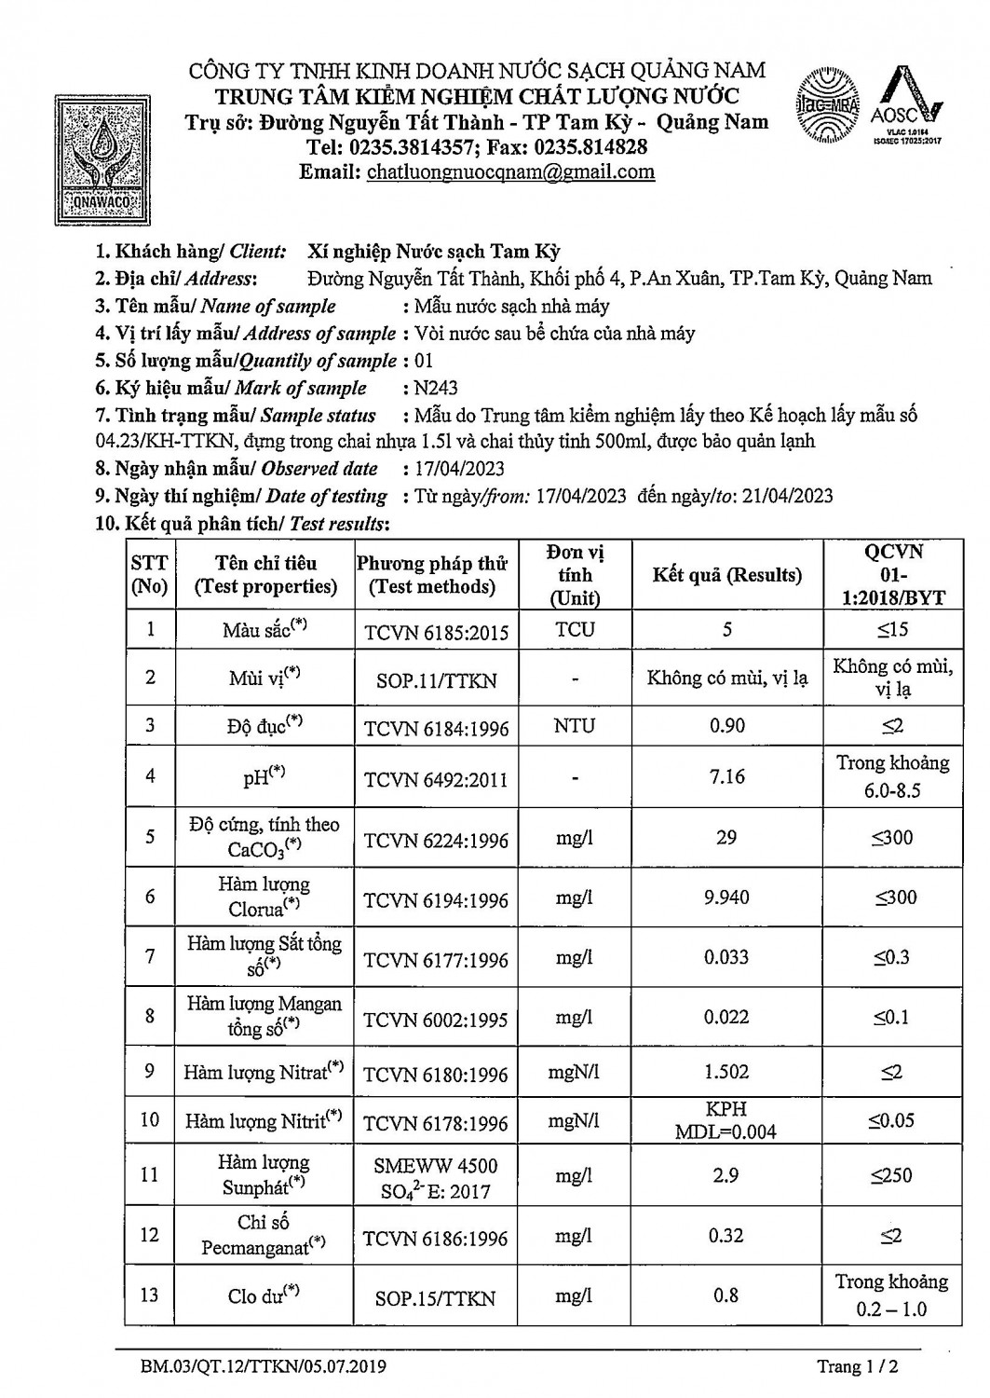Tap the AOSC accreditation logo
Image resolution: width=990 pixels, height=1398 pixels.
(907, 104)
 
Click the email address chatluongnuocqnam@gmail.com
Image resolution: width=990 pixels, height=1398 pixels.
(510, 172)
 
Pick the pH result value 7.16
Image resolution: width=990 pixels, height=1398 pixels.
(726, 776)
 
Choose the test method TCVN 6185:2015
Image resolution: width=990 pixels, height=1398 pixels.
(436, 633)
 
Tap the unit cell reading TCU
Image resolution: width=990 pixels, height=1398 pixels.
(575, 630)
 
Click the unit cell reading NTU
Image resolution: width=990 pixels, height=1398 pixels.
(575, 726)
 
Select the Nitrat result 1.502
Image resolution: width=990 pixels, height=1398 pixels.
(726, 1072)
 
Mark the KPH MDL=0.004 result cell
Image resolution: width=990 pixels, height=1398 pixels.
(726, 1120)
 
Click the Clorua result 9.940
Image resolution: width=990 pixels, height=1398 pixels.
(726, 898)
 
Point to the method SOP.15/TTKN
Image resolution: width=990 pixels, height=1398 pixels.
(436, 1297)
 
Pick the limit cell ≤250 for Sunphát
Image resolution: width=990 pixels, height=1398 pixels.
(892, 1176)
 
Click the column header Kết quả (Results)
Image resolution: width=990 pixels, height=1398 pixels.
(726, 575)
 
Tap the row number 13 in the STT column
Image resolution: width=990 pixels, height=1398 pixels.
(150, 1295)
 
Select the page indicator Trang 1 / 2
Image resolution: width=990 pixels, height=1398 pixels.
(857, 1367)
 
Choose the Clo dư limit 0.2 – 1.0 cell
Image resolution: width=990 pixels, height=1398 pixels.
(892, 1295)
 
